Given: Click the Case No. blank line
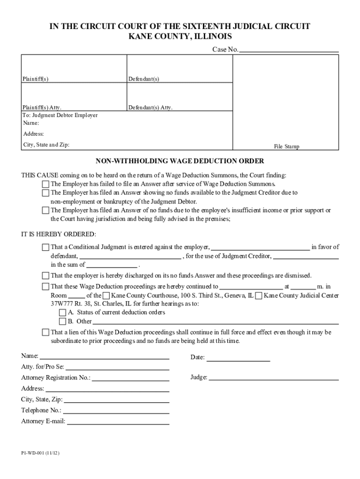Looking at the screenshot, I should tap(288, 50).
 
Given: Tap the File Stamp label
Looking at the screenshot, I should tap(286, 146).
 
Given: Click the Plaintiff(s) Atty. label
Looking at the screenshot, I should tap(42, 108).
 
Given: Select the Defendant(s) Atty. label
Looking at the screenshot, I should tap(151, 108).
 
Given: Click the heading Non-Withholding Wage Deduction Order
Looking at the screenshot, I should tap(180, 161).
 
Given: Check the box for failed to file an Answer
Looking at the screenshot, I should tap(45, 184).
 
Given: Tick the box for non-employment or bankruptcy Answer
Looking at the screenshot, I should tap(45, 193).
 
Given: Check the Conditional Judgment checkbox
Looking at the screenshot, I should tap(45, 247).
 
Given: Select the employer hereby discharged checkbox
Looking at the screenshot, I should tap(45, 276).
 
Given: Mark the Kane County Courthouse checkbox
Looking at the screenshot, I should tap(107, 296).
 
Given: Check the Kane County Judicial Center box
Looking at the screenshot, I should tap(259, 296).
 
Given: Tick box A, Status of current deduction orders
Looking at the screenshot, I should tap(62, 313).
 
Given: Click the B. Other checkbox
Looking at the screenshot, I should tap(62, 322).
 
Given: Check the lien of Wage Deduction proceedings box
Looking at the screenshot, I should tap(45, 333).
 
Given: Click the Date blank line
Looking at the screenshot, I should tap(238, 360).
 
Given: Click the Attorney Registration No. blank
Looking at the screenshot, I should tap(130, 380).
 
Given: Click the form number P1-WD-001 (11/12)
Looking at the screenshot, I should tap(40, 454).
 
